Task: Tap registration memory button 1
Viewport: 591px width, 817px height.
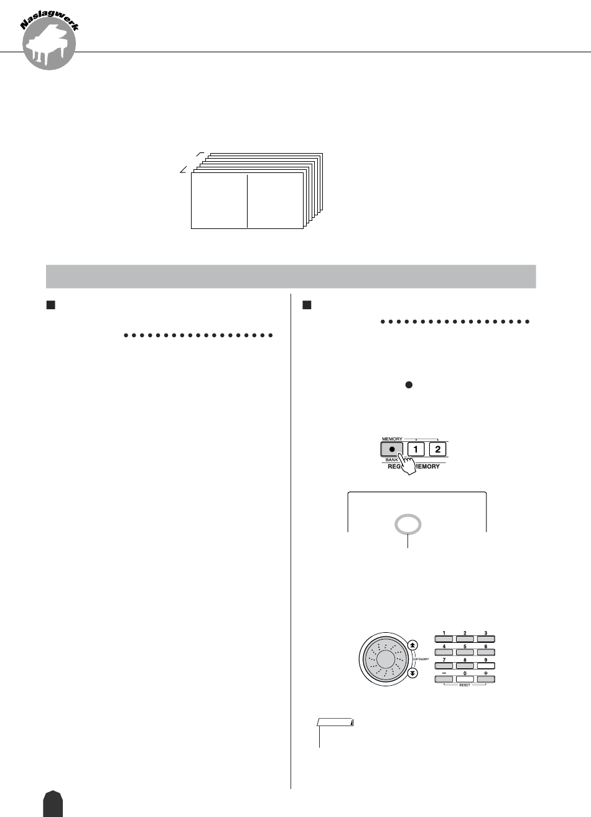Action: click(416, 449)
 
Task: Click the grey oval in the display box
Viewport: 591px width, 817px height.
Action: click(408, 526)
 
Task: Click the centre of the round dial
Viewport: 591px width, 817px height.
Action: click(385, 660)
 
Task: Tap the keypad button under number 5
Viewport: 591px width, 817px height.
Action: click(465, 652)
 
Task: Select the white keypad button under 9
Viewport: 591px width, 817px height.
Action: click(485, 665)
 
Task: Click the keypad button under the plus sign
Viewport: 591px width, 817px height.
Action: click(485, 678)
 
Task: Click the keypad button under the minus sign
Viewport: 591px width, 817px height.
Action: click(444, 678)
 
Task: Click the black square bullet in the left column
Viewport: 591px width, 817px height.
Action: click(52, 306)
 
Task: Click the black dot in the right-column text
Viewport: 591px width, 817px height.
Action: click(409, 386)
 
